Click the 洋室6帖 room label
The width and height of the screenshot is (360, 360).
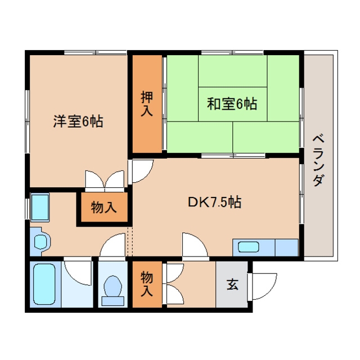(78, 121)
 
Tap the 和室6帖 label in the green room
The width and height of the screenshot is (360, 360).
(232, 103)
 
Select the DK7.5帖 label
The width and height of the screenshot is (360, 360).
(214, 202)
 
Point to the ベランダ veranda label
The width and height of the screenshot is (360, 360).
(318, 161)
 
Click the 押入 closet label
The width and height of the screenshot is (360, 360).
(147, 103)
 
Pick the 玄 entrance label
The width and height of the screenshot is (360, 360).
(232, 284)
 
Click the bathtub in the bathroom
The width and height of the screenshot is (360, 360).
(44, 283)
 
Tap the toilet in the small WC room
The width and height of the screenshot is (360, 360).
(112, 290)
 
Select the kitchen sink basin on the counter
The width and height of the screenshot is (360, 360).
(249, 247)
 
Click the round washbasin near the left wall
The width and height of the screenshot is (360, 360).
(41, 241)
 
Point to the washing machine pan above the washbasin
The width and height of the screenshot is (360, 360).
(40, 207)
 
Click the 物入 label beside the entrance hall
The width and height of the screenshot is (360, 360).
(147, 283)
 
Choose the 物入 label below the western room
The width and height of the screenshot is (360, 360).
(103, 207)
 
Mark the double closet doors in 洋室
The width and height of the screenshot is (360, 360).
(105, 181)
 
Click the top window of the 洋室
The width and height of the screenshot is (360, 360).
(95, 52)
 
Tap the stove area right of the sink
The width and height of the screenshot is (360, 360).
(286, 247)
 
